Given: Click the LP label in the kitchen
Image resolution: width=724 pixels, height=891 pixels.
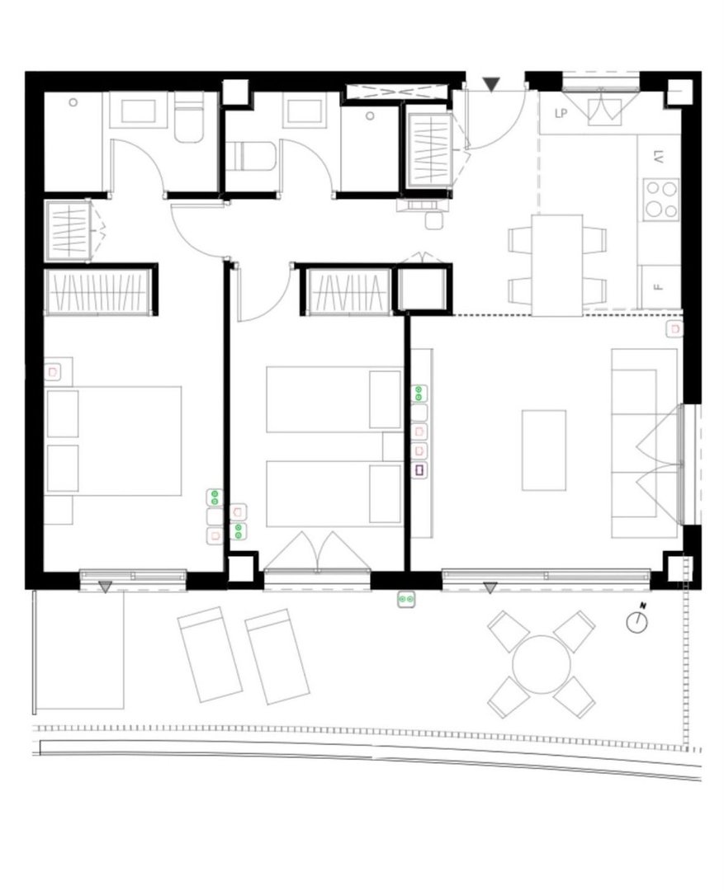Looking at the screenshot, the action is pyautogui.click(x=561, y=114).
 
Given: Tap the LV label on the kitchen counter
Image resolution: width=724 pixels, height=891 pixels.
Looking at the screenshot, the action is pyautogui.click(x=658, y=157).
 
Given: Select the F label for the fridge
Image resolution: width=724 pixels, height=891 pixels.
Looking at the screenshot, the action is pyautogui.click(x=659, y=287).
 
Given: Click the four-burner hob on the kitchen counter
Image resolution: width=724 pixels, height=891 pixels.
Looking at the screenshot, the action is pyautogui.click(x=661, y=200).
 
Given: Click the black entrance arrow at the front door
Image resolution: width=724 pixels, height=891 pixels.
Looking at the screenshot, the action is pyautogui.click(x=491, y=84).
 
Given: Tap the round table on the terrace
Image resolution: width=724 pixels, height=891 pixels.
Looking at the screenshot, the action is pyautogui.click(x=542, y=664).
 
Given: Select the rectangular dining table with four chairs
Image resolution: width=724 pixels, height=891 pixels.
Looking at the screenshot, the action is pyautogui.click(x=557, y=265).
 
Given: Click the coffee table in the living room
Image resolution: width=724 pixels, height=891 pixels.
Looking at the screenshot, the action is pyautogui.click(x=544, y=450).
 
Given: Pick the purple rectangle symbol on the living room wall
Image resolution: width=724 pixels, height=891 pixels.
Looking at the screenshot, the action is pyautogui.click(x=419, y=470).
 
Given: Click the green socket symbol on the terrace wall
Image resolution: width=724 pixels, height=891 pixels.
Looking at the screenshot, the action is pyautogui.click(x=406, y=599).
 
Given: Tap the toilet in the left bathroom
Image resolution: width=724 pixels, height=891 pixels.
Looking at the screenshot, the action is pyautogui.click(x=188, y=120).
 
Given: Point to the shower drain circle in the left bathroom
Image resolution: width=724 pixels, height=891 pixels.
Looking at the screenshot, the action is pyautogui.click(x=73, y=102).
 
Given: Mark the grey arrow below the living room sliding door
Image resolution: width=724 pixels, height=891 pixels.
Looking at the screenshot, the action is pyautogui.click(x=490, y=588).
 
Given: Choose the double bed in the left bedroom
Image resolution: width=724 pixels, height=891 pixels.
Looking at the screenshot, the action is pyautogui.click(x=114, y=441).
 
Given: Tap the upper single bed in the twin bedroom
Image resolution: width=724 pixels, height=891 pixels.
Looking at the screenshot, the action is pyautogui.click(x=334, y=399).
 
